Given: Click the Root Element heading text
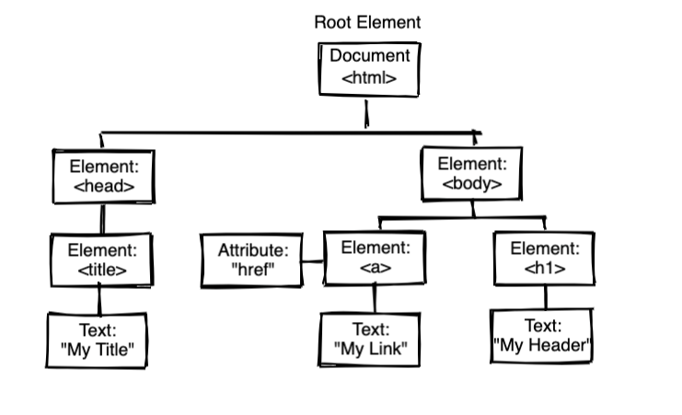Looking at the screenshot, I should click(367, 21).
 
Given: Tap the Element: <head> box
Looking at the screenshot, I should click(103, 178).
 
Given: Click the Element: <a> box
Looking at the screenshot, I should click(375, 258).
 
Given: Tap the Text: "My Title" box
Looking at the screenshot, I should click(97, 340).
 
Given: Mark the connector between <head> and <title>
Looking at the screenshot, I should click(102, 218).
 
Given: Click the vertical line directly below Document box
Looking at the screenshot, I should click(367, 114).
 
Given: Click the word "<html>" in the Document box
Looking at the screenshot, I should click(369, 79).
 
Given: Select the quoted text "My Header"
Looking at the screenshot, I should click(542, 346).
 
